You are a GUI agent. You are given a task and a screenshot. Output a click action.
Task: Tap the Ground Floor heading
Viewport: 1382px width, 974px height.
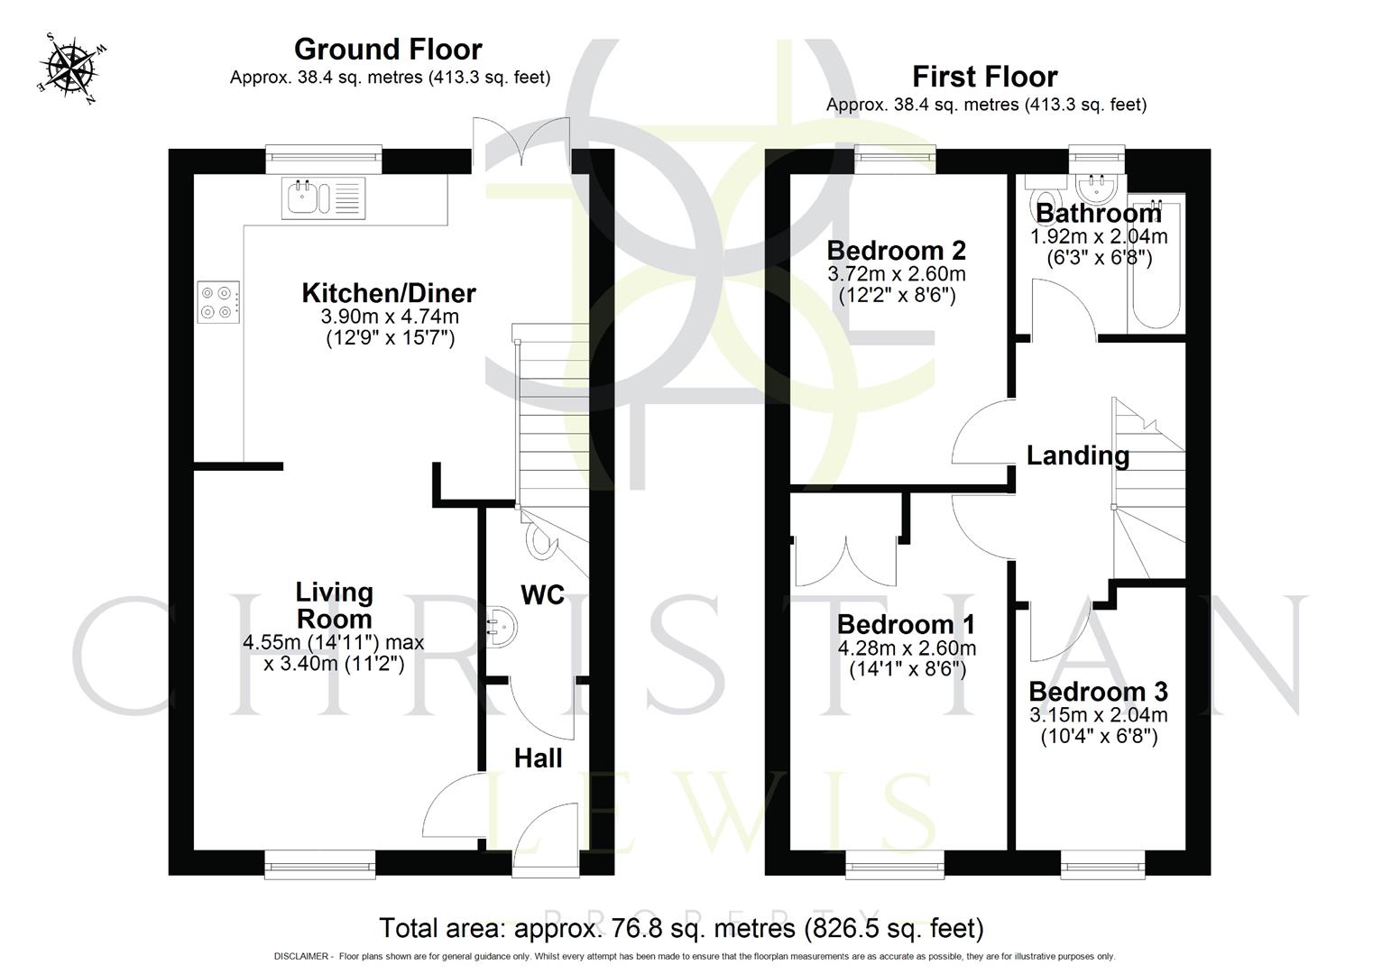[388, 49]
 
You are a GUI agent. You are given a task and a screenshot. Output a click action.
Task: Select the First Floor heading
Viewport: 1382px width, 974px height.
[984, 77]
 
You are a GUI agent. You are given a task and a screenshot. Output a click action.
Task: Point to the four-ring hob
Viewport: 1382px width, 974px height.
[219, 302]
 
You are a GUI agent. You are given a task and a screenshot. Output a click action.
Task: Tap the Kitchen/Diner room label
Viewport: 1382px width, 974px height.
[389, 293]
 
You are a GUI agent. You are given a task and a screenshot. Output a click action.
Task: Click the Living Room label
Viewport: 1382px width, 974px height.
[334, 605]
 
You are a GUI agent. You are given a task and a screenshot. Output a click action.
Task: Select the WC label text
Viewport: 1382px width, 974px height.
[542, 595]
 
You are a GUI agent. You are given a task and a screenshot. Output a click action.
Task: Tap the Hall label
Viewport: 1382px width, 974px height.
[538, 758]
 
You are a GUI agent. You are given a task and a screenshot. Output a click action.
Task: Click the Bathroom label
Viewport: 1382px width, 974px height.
[1098, 214]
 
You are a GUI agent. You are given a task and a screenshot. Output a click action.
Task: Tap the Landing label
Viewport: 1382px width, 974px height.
[1078, 455]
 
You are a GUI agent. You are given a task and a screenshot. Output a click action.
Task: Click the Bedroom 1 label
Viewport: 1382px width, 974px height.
[907, 624]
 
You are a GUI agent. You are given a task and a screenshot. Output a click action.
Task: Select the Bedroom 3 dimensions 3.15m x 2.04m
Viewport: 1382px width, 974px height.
[1098, 715]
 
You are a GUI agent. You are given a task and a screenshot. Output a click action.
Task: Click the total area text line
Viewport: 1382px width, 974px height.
[681, 928]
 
